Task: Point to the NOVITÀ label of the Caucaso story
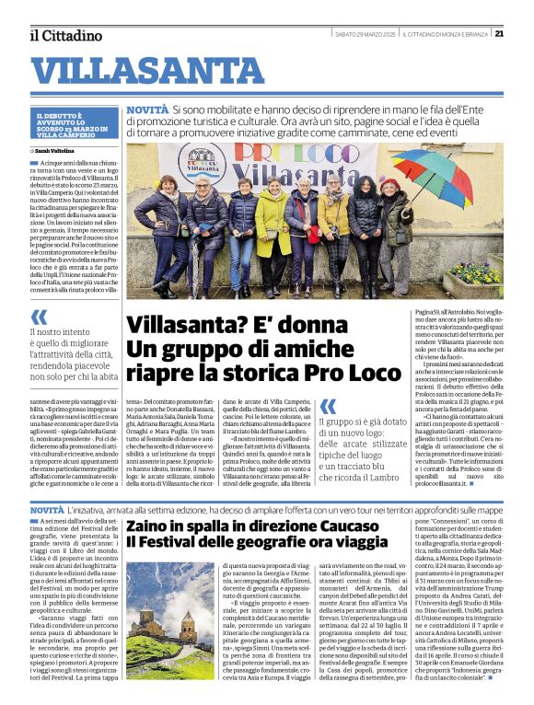click(47, 509)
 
